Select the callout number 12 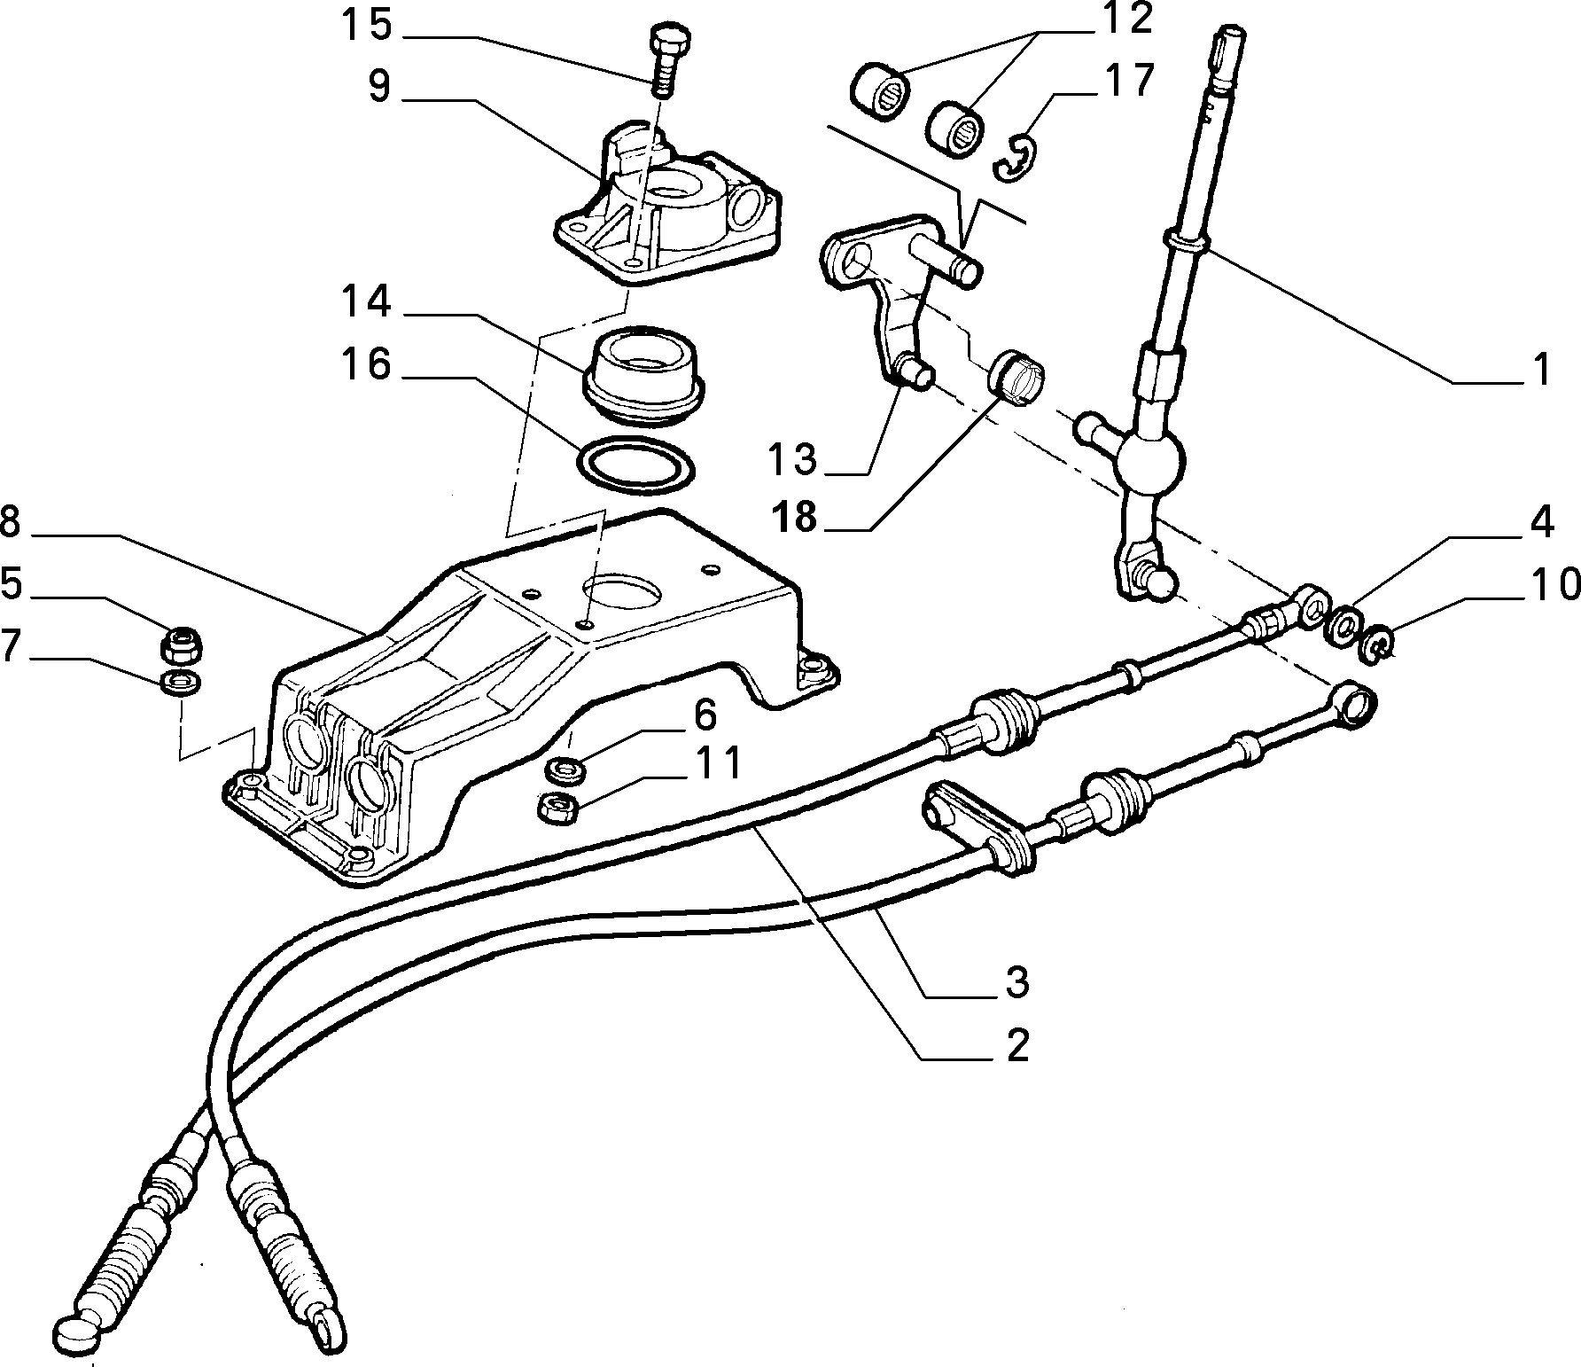click(1125, 19)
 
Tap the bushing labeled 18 click(1019, 376)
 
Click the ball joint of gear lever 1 click(1149, 458)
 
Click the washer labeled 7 click(181, 683)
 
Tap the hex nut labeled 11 click(559, 808)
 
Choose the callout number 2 click(1016, 1047)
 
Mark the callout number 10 click(1554, 585)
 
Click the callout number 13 click(791, 459)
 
